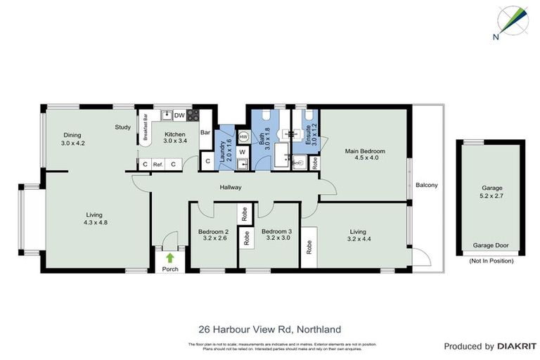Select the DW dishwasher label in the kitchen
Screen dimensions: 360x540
(179, 115)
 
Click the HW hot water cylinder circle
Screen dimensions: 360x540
(243, 136)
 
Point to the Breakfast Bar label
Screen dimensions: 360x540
(145, 127)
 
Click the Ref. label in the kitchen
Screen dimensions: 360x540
(158, 165)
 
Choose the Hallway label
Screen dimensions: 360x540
(230, 187)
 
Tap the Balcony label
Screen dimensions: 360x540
(426, 186)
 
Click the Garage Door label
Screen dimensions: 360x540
(491, 246)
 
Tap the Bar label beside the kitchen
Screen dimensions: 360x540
(205, 132)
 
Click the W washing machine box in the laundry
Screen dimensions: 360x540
(242, 151)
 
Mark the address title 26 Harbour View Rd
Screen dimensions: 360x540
(270, 328)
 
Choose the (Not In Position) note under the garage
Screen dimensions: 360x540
(491, 261)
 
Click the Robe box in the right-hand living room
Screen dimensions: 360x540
(309, 247)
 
